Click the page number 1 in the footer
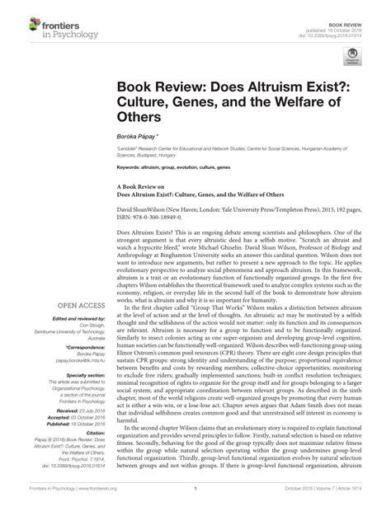[195, 499]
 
